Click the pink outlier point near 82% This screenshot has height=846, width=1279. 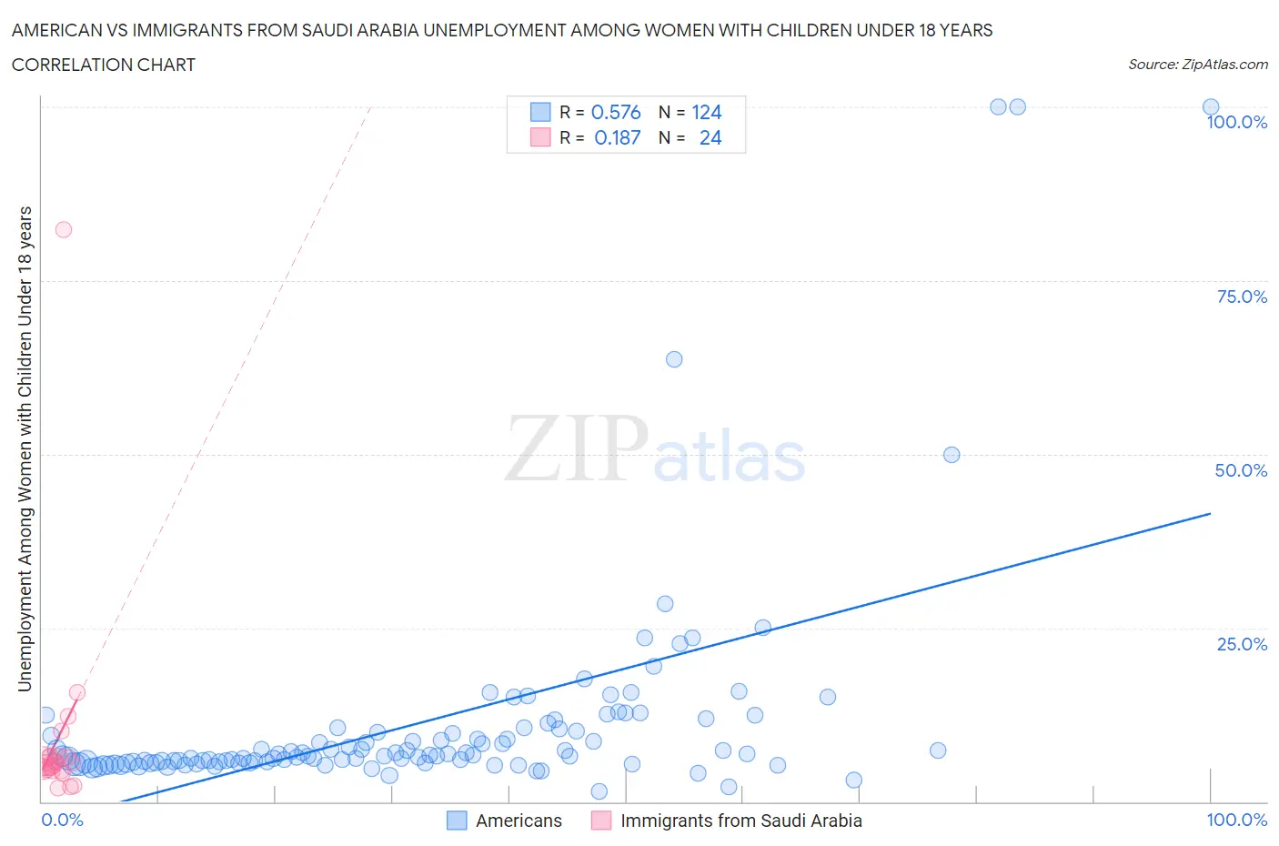click(64, 229)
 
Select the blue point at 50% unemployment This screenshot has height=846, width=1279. click(952, 455)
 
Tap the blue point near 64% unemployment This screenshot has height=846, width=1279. click(674, 359)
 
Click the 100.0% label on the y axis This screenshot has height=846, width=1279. click(1236, 123)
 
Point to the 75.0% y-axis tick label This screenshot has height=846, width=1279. click(1242, 297)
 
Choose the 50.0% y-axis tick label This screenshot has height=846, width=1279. click(1241, 470)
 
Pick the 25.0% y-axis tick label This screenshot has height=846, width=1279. click(1242, 644)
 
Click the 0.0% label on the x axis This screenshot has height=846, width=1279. click(62, 820)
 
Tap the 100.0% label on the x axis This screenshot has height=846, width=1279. click(1236, 820)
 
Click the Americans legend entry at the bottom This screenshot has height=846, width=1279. click(519, 821)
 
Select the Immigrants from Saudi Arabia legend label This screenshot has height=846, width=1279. click(740, 821)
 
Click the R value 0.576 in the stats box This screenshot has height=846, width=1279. click(616, 112)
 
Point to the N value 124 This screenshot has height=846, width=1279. click(707, 112)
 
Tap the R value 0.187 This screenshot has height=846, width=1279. click(617, 137)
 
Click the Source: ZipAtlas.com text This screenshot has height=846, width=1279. click(1197, 65)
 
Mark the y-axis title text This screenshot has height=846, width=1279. click(25, 448)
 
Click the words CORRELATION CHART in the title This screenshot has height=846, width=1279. click(104, 65)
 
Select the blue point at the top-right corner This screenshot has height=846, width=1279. click(1211, 107)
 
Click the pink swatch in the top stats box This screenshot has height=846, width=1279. click(540, 137)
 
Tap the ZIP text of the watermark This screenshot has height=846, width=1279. click(577, 448)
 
